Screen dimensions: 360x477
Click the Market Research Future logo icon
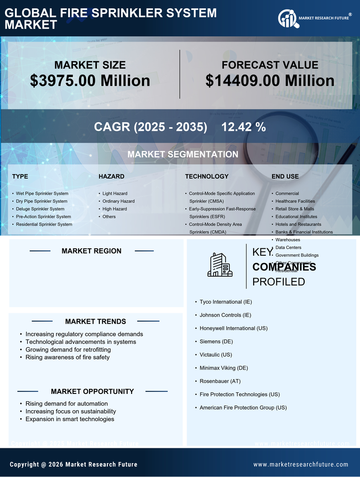click(287, 18)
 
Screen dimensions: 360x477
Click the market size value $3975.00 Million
click(90, 81)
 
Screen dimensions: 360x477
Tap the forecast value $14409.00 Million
click(270, 81)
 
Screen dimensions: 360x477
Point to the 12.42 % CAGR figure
click(243, 127)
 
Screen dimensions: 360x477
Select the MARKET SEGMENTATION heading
click(182, 154)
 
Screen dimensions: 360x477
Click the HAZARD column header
click(111, 177)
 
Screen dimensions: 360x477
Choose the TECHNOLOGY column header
click(207, 177)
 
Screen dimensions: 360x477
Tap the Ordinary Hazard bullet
click(118, 201)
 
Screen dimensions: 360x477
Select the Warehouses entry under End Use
click(287, 240)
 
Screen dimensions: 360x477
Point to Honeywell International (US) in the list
click(233, 328)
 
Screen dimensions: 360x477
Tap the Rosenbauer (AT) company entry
click(220, 381)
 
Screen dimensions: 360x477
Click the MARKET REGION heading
click(91, 251)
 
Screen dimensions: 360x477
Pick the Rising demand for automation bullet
click(66, 404)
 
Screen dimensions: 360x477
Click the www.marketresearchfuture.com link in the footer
click(301, 464)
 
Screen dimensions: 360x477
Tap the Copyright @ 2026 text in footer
click(74, 464)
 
